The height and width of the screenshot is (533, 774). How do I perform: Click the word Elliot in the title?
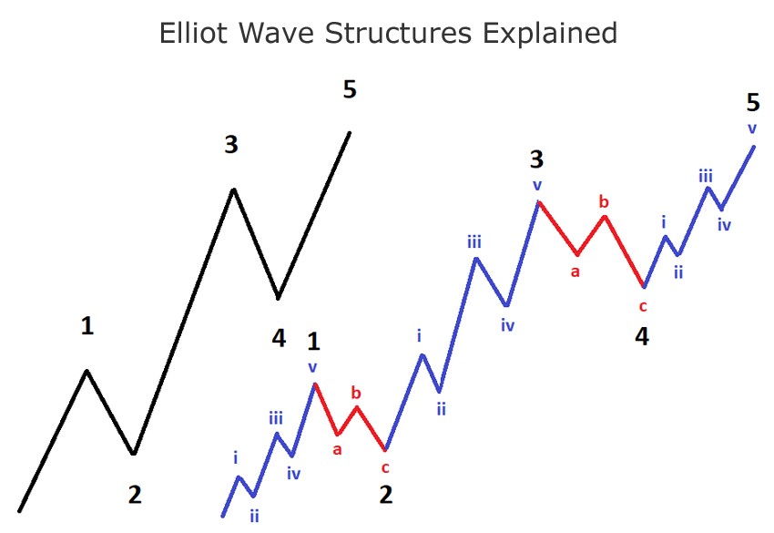coord(193,33)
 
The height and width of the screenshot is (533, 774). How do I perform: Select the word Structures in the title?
coord(398,33)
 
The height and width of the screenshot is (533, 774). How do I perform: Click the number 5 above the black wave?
coord(350,90)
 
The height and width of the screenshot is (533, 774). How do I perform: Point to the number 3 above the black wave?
coord(231,145)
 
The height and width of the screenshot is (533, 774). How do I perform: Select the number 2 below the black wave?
coord(135,495)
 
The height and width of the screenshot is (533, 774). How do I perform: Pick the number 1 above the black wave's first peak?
coord(87,326)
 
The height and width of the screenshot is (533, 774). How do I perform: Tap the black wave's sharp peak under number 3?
coord(233,190)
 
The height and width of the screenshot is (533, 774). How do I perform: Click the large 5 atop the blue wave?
coord(753,103)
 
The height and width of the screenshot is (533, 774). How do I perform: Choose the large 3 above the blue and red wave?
coord(536,159)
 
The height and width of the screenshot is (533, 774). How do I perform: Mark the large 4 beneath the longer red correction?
coord(642,336)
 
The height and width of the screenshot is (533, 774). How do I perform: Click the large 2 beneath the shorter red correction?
coord(386,495)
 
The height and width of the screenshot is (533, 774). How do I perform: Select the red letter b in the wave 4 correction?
coord(604,201)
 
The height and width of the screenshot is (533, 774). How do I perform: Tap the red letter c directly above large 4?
coord(643,307)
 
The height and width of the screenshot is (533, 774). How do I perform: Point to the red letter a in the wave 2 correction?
coord(337,449)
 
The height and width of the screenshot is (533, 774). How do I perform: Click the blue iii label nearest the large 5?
coord(706,176)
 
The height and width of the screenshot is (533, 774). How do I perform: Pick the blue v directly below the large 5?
coord(752,129)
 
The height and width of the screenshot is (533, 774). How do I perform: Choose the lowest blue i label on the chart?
coord(236,458)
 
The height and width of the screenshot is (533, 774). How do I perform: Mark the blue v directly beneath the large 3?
coord(537,186)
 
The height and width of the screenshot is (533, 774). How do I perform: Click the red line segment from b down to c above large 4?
coord(624,251)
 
